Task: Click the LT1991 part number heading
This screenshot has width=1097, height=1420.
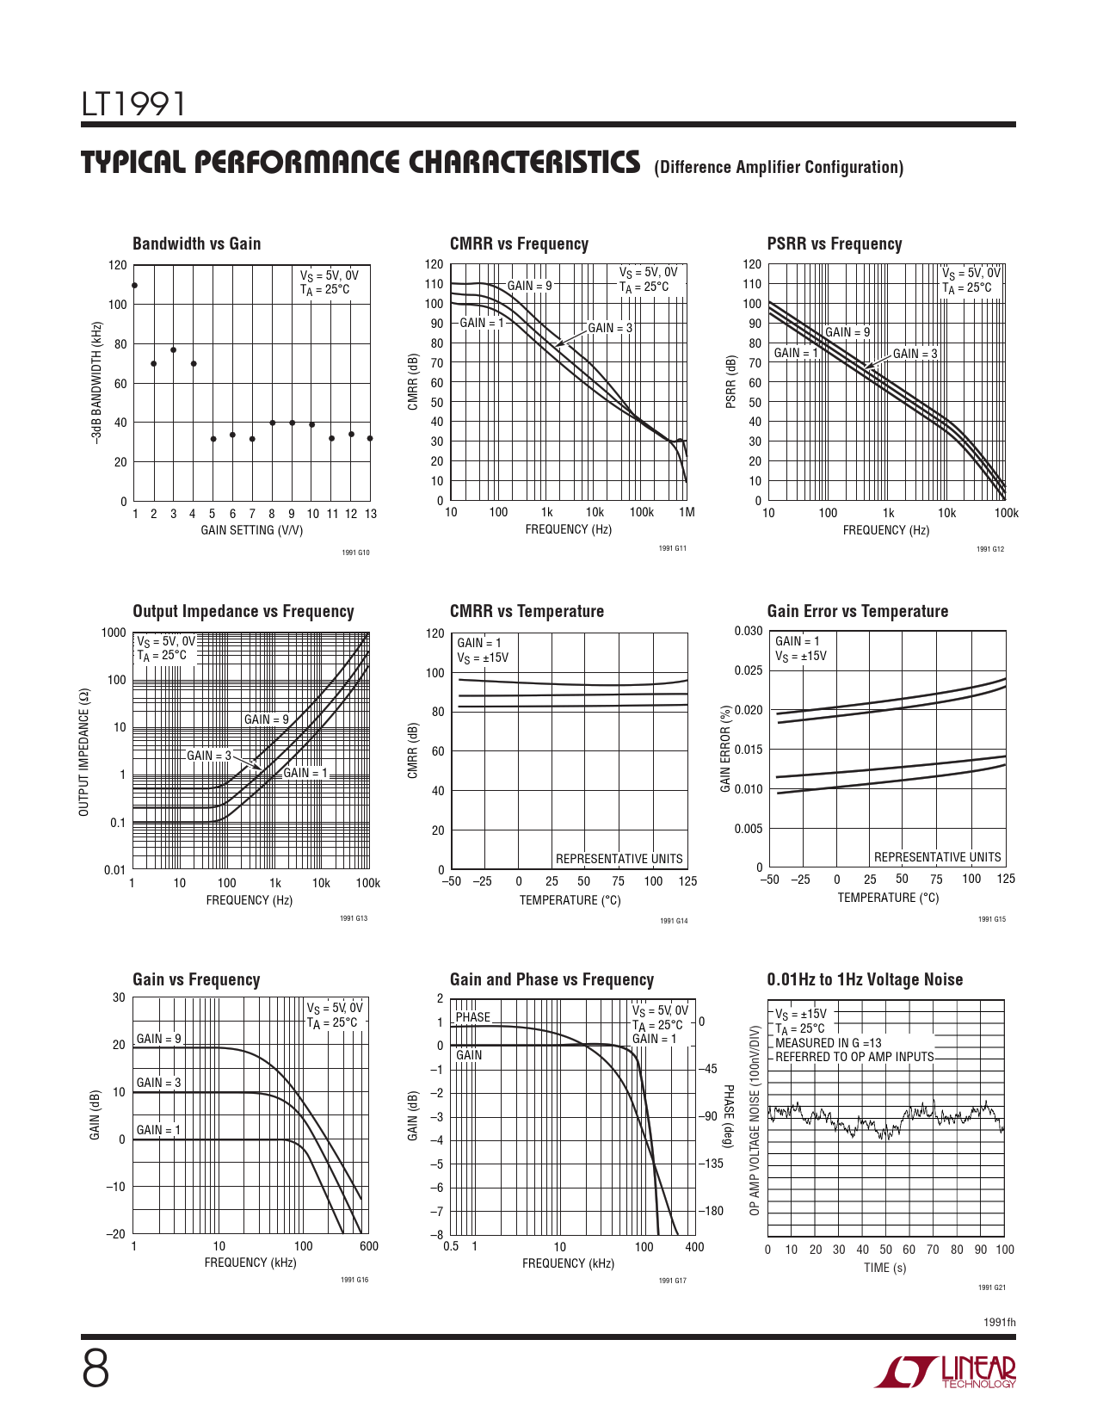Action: [133, 105]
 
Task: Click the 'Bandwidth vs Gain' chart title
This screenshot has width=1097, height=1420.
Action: [196, 244]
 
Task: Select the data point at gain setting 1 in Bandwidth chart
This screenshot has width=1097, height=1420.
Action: [134, 286]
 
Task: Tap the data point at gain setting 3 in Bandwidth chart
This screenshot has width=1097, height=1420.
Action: [173, 349]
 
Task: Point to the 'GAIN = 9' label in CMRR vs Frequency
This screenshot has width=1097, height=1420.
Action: [529, 286]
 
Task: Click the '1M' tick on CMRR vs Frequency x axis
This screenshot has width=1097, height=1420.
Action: [686, 512]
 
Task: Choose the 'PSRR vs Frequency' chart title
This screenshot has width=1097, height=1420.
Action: [834, 244]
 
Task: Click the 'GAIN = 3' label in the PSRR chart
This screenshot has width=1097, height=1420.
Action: [915, 354]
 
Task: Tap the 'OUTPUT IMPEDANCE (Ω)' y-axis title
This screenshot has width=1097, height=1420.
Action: [83, 752]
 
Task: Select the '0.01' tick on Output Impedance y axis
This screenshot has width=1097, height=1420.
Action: [114, 869]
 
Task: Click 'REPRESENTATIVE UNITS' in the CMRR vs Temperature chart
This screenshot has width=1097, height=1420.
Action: [619, 859]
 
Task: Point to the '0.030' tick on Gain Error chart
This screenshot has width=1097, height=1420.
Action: [749, 631]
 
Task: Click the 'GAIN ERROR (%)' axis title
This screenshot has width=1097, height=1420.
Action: [725, 749]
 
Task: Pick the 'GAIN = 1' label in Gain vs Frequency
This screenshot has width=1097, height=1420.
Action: [158, 1130]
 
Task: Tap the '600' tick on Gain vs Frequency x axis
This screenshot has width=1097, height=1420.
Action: [368, 1246]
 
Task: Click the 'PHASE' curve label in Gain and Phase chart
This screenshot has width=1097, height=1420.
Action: [473, 1017]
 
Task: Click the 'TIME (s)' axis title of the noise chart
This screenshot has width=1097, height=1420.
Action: [884, 1268]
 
